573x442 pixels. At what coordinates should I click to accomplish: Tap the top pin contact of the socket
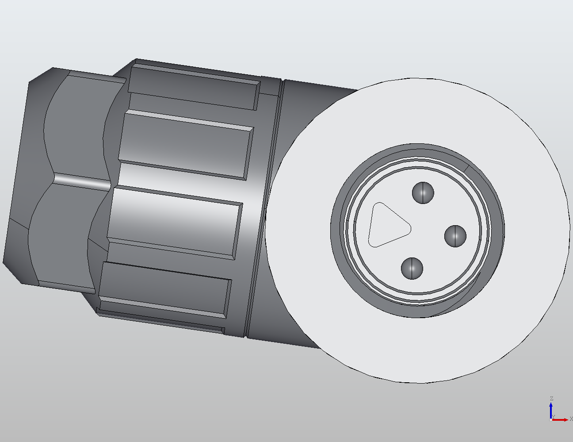click(x=423, y=193)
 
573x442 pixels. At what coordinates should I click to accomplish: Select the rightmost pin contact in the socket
click(x=455, y=236)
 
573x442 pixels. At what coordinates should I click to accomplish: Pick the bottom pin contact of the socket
click(x=412, y=269)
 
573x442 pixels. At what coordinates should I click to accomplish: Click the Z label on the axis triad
click(x=551, y=399)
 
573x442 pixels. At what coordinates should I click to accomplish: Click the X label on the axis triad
click(x=571, y=419)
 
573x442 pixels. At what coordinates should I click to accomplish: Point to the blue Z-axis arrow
click(x=551, y=409)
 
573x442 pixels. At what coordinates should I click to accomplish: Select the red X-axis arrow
click(x=561, y=419)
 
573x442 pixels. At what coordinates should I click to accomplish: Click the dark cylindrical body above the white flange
click(x=318, y=97)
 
